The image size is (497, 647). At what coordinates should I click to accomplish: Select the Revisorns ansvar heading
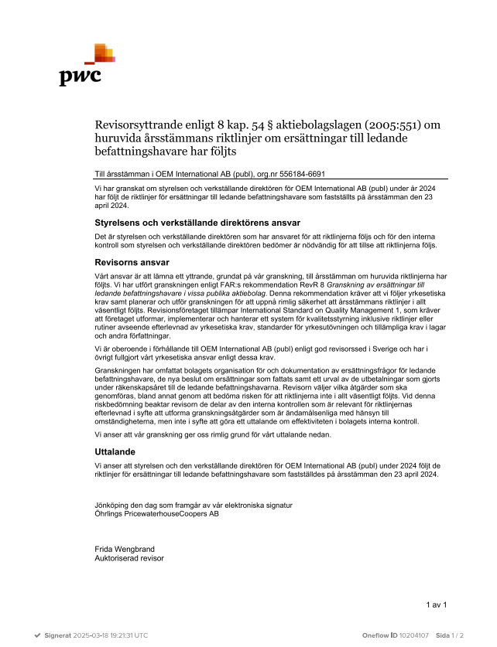[126, 262]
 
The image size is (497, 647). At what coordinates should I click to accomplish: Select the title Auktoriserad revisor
[129, 557]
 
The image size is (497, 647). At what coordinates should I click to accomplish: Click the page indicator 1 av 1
[437, 604]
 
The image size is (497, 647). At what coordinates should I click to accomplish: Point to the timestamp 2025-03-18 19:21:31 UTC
[111, 635]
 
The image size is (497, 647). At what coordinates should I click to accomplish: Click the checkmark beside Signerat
[36, 635]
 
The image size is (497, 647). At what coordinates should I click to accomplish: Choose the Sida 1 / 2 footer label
[450, 635]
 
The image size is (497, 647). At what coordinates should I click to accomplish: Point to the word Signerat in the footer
[57, 635]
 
